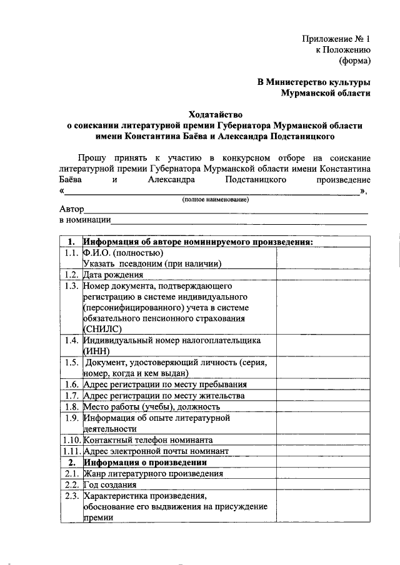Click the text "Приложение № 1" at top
point(336,39)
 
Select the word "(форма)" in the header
point(355,61)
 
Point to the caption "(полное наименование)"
point(215,199)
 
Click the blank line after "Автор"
point(225,212)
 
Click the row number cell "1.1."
point(71,253)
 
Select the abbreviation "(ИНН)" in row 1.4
point(96,351)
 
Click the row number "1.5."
point(71,362)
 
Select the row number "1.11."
point(71,451)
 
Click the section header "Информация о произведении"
point(145,462)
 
